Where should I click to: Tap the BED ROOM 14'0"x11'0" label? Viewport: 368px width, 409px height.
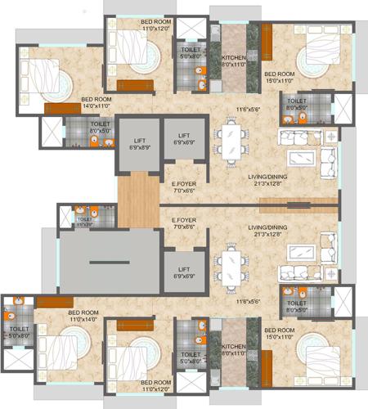coord(96,102)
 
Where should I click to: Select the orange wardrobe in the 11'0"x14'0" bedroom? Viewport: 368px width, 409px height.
coord(54,303)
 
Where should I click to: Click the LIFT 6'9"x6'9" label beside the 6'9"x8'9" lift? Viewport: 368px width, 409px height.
coord(184,138)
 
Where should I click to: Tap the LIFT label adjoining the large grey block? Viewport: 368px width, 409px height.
coord(184,272)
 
